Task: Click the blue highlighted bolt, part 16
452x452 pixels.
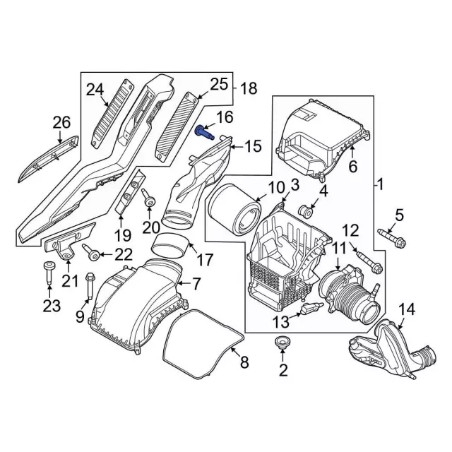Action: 203,131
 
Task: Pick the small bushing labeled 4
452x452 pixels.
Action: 308,210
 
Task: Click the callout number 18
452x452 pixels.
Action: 249,88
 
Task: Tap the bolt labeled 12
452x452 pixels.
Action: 369,262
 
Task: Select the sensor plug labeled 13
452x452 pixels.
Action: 311,309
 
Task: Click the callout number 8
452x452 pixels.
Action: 244,363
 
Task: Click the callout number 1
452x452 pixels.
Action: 380,185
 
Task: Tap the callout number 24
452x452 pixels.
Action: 95,89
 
